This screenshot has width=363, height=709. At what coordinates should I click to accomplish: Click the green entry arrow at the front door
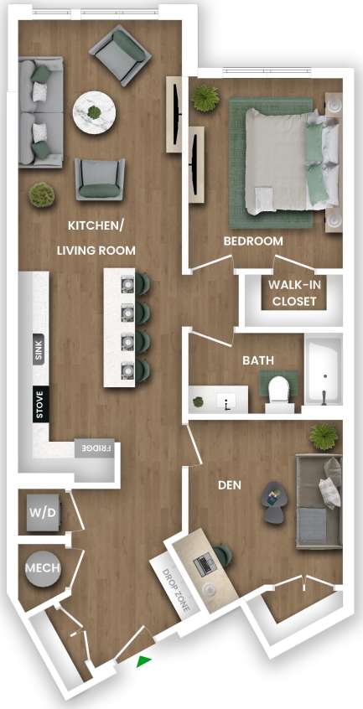coord(144,661)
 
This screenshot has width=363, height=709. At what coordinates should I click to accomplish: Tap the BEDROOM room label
coord(253,241)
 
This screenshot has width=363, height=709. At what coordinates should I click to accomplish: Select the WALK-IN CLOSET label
coord(293,293)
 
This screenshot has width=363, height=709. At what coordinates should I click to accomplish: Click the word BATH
coord(258,360)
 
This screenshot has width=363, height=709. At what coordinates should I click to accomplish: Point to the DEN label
coord(231,484)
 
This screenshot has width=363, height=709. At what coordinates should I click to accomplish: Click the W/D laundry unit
coord(42,513)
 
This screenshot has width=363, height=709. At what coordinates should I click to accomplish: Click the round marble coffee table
coord(93,111)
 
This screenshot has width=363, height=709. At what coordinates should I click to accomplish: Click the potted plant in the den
coord(322,436)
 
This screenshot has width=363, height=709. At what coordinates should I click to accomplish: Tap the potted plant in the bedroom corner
coord(205,98)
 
